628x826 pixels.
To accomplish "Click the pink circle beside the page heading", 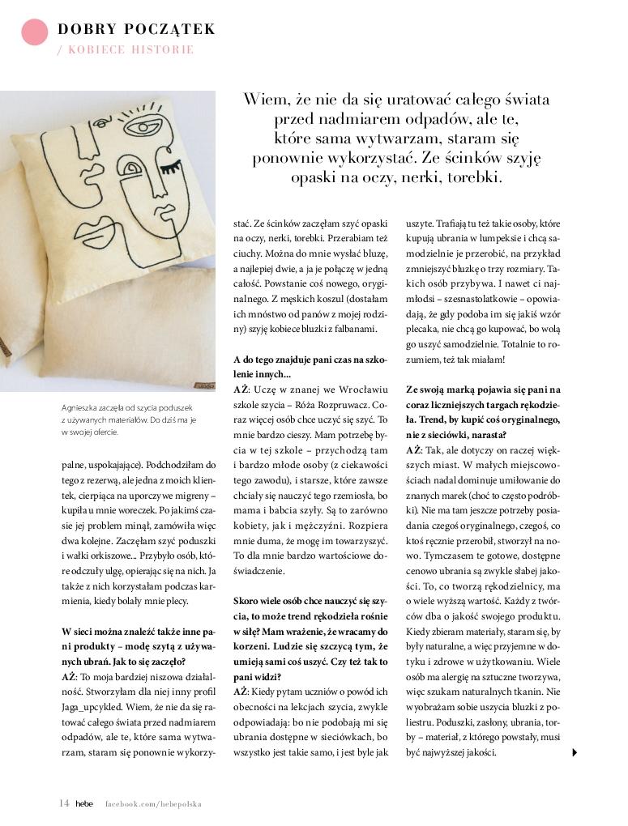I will click(34, 31).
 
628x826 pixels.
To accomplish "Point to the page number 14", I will click(63, 803).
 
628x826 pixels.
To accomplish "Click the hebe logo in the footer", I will click(84, 804).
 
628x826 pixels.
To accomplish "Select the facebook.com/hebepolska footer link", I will click(153, 804).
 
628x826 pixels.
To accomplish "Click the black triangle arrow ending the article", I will click(575, 752).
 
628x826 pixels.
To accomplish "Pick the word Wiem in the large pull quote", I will click(263, 100).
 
